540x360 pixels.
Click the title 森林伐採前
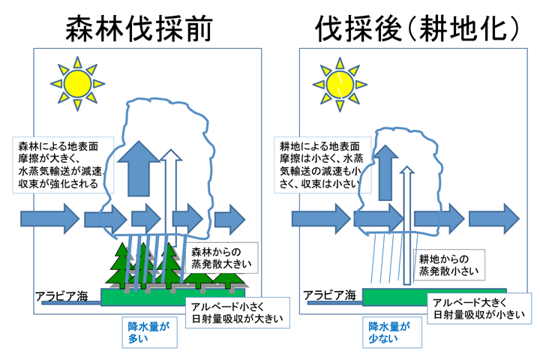[x=139, y=28]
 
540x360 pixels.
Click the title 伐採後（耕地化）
[x=417, y=28]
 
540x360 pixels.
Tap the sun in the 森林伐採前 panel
[x=77, y=84]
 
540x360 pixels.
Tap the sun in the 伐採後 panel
[x=340, y=85]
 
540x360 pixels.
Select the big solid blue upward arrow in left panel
[x=139, y=169]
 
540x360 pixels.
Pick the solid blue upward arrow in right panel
[x=385, y=172]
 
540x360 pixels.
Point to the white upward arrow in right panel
[x=407, y=226]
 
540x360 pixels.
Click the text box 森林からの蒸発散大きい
[x=221, y=258]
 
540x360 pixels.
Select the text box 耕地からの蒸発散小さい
[x=448, y=265]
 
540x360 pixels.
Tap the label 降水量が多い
[x=150, y=332]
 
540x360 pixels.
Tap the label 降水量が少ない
[x=392, y=332]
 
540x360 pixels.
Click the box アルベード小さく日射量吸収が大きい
[x=238, y=313]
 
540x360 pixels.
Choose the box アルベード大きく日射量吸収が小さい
[x=479, y=308]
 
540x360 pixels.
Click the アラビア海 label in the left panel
[x=61, y=296]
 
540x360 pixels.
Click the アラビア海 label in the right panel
[x=329, y=295]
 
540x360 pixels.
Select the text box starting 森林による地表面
[x=63, y=165]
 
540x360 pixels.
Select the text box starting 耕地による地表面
[x=322, y=165]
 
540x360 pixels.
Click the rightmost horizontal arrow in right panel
[x=494, y=219]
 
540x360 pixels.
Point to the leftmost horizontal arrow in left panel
[x=50, y=219]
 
